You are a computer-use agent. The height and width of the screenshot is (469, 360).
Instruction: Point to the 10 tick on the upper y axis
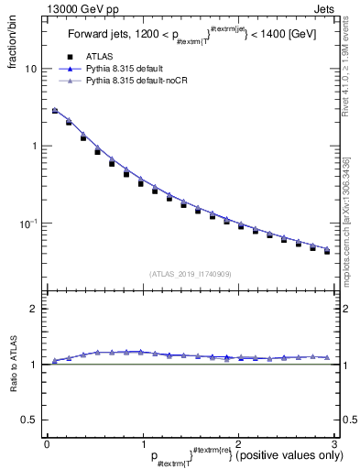[31, 69]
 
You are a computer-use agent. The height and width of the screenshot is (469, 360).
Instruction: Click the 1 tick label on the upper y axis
[34, 147]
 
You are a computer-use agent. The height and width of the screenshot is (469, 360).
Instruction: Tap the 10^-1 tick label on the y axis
[29, 223]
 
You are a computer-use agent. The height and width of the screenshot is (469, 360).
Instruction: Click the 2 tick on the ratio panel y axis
[34, 309]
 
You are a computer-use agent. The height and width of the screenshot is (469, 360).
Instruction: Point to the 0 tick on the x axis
[47, 442]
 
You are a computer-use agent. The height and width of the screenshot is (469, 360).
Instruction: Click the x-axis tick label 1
[142, 442]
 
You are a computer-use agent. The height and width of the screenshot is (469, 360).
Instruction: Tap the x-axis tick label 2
[237, 442]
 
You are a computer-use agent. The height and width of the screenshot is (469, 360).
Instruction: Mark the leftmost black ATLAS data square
[55, 111]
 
